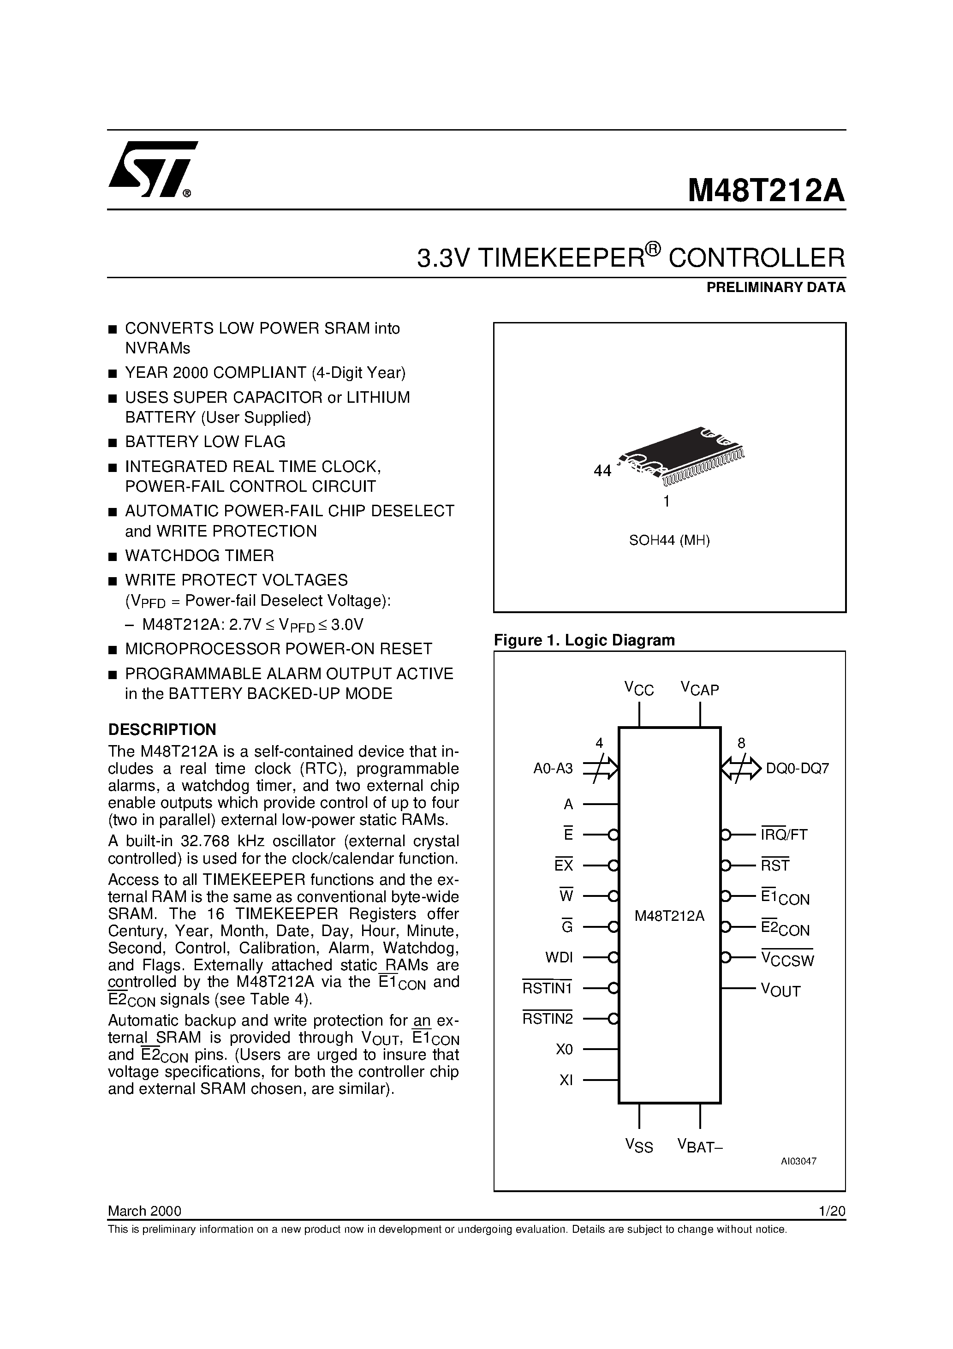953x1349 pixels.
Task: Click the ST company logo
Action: (152, 170)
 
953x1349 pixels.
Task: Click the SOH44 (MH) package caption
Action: (669, 541)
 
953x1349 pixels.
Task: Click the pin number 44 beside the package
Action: (602, 471)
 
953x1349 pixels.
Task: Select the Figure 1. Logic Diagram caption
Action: (584, 640)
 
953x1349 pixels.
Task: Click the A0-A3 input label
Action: (553, 769)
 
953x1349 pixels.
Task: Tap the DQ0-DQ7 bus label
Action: (797, 769)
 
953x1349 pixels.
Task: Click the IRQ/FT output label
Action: (784, 834)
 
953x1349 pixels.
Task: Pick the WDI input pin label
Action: (559, 957)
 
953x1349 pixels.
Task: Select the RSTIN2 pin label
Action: (548, 1018)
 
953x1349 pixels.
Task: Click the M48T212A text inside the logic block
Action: (669, 916)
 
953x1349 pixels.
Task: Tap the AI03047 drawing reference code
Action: (798, 1161)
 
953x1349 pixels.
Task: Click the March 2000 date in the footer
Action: (144, 1211)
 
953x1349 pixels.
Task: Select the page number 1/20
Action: (831, 1211)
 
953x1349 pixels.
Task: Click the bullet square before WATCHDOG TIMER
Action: (113, 556)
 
